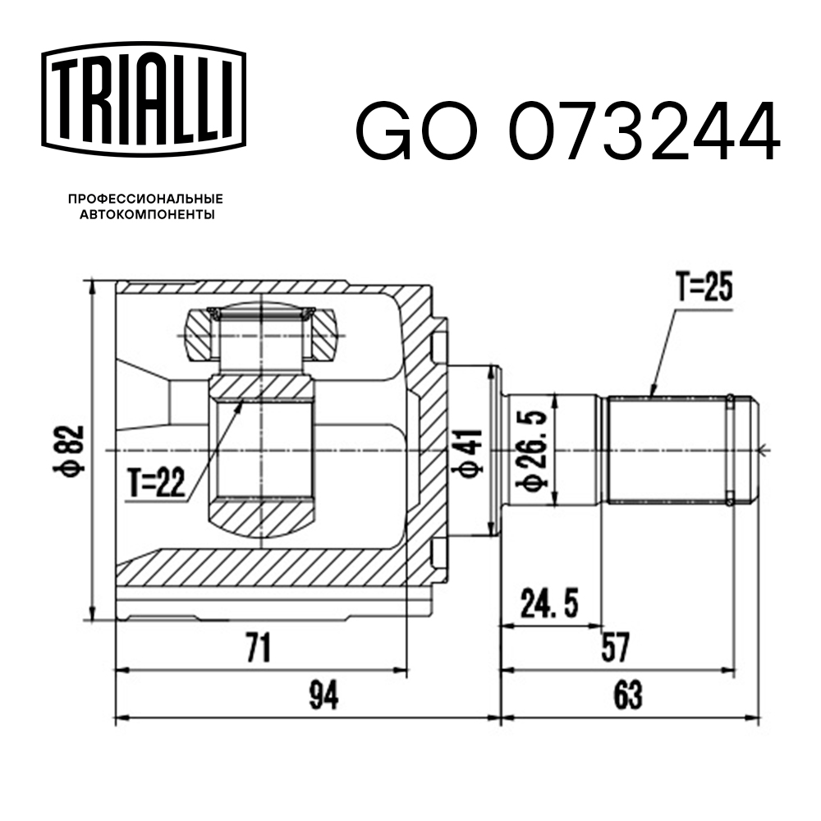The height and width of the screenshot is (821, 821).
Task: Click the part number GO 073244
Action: point(566,131)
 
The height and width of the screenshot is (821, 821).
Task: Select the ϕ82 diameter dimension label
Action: point(72,449)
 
